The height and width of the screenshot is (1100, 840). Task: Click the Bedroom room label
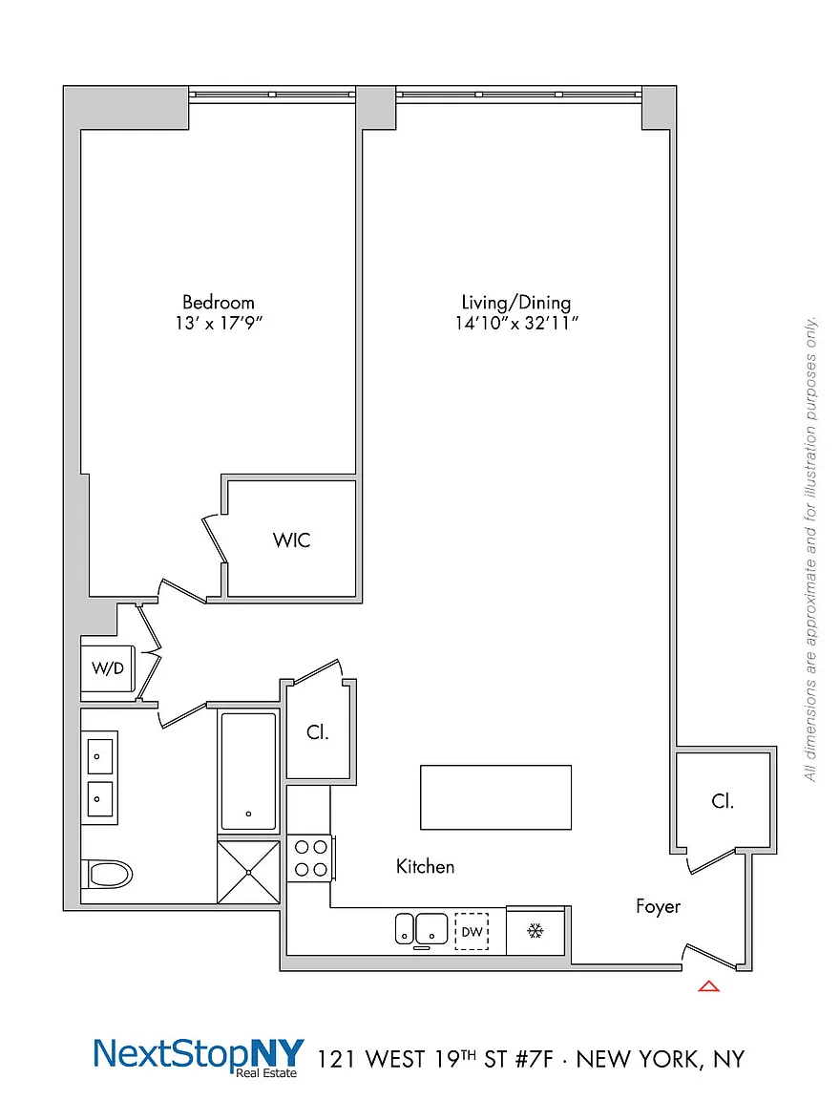point(218,303)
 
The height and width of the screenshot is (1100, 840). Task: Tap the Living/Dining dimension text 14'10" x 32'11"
point(516,324)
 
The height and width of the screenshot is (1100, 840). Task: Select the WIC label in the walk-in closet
point(292,540)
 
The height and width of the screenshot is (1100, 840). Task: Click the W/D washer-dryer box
point(107,668)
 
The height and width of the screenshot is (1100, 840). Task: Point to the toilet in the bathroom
point(107,875)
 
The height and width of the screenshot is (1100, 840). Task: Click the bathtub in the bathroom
point(248,771)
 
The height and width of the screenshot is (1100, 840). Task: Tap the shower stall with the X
point(249,872)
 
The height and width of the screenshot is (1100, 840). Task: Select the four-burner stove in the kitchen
point(310,858)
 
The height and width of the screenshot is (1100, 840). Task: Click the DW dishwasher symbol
point(472,932)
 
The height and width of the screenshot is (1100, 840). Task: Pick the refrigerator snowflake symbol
point(535,931)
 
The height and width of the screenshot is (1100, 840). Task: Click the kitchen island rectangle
point(495,797)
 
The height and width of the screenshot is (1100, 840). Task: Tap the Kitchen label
point(425,866)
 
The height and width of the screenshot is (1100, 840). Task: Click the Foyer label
point(658,906)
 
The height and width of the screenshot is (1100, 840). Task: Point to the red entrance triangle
point(709,986)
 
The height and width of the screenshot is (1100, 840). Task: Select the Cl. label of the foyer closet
point(723,801)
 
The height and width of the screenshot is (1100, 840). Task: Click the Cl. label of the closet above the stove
point(317,732)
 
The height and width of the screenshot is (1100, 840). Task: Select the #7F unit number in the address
point(535,1059)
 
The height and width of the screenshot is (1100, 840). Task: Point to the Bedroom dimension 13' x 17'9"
point(219,324)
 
